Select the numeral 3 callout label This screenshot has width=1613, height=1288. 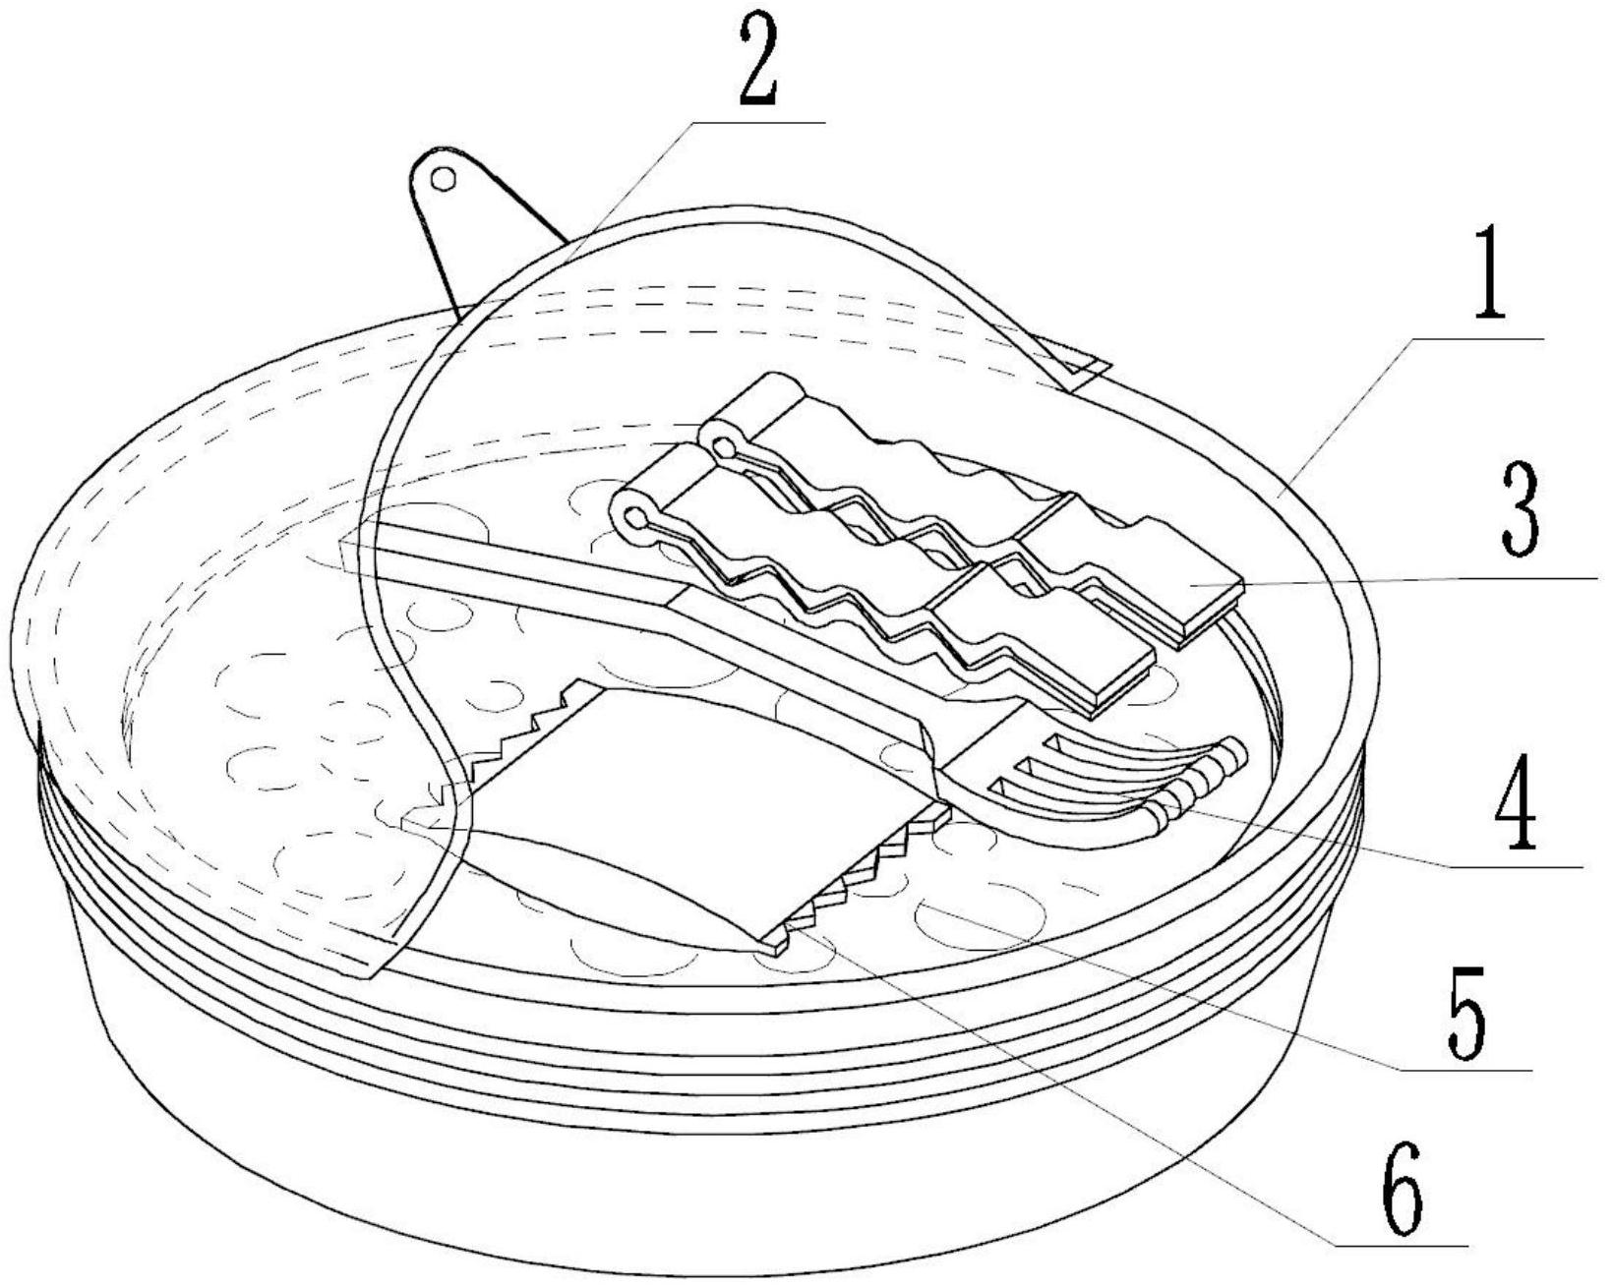[1521, 509]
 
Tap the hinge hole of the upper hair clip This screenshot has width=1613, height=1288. [723, 448]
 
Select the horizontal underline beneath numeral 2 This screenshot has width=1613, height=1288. [758, 121]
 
